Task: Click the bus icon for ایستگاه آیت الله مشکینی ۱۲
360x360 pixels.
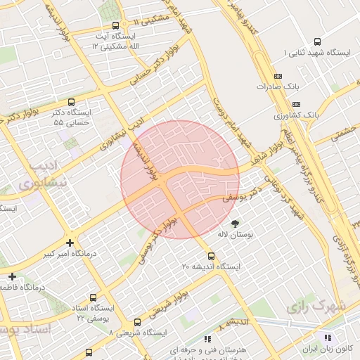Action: pyautogui.click(x=115, y=26)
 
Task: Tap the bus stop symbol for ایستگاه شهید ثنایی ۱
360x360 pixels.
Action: pyautogui.click(x=317, y=41)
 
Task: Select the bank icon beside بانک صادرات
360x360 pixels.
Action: pyautogui.click(x=277, y=75)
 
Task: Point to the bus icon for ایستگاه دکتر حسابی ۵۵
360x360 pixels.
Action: pyautogui.click(x=72, y=102)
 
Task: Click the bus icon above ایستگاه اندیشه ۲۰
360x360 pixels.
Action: pyautogui.click(x=212, y=256)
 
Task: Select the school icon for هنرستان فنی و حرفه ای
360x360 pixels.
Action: pyautogui.click(x=206, y=338)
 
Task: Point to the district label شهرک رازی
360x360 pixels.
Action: pyautogui.click(x=318, y=307)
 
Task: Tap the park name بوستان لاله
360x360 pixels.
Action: pyautogui.click(x=236, y=234)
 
